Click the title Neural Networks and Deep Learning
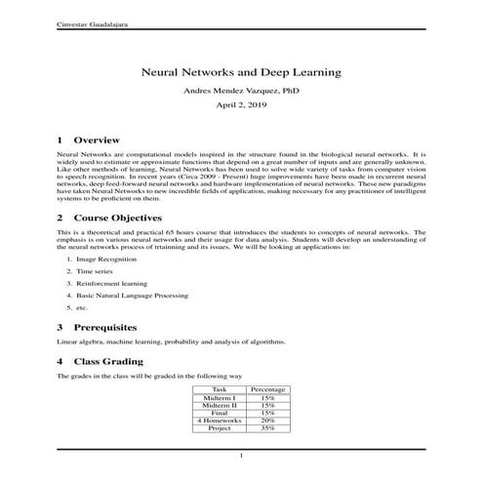click(x=241, y=72)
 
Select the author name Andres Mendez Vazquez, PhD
click(x=241, y=91)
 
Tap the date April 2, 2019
click(x=241, y=106)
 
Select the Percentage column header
click(x=267, y=389)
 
